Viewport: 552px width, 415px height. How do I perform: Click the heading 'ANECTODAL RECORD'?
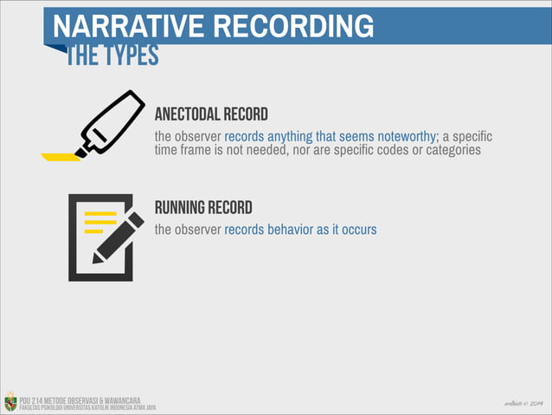211,114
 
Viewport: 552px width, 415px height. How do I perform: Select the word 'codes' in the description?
372,151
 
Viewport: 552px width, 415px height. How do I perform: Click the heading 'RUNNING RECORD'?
203,208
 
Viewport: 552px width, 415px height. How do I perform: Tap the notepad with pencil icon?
101,237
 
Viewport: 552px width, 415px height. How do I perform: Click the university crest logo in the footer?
10,401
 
